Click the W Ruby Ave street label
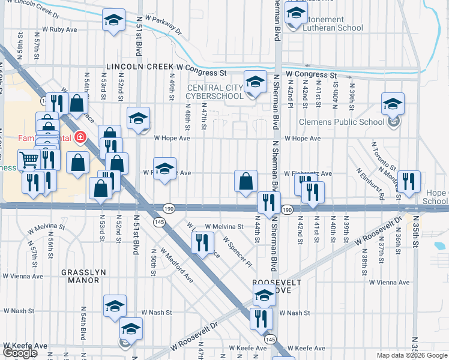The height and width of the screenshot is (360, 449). pyautogui.click(x=59, y=29)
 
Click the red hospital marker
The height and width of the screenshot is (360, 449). pyautogui.click(x=79, y=138)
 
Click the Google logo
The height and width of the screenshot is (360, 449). pyautogui.click(x=20, y=352)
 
